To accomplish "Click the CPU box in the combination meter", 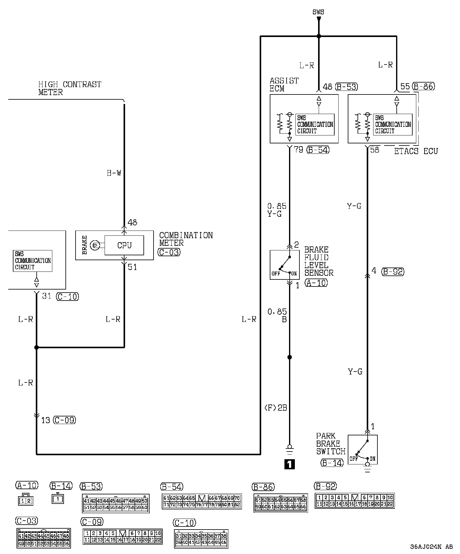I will coord(124,245).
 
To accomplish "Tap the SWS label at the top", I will coord(318,12).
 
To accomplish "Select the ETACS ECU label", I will coord(416,151).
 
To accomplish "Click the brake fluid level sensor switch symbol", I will coord(284,265).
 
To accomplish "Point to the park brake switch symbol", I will coord(363,449).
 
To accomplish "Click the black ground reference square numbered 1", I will coord(289,464).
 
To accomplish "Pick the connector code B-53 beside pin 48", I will coord(347,87).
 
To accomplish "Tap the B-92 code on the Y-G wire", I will coord(393,271).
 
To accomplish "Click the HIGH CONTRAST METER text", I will coord(70,88).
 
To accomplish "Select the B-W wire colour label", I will coord(114,173).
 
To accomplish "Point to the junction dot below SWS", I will coord(319,36).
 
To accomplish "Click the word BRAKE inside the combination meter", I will coord(85,245).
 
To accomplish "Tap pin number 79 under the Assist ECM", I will coord(298,150).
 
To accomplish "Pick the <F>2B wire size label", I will coord(275,408).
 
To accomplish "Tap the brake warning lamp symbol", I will coord(95,245).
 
